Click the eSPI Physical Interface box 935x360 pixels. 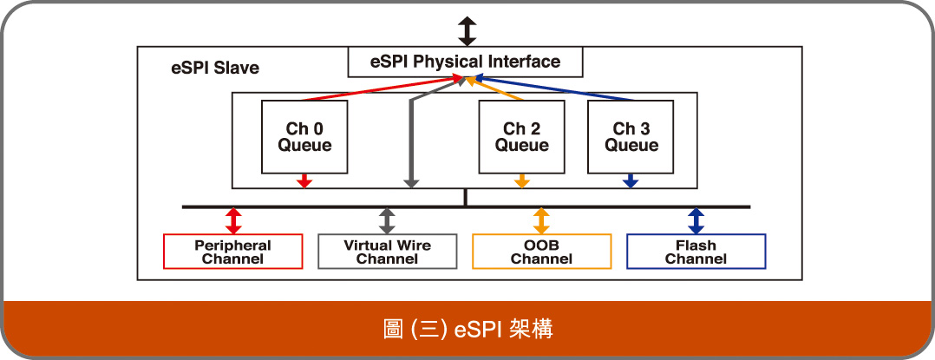(x=465, y=62)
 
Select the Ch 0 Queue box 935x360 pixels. (x=304, y=137)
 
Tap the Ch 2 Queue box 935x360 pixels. (x=522, y=137)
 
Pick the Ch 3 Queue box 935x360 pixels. (x=631, y=137)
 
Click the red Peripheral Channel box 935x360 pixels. (x=232, y=252)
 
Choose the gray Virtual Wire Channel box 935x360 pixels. (x=387, y=252)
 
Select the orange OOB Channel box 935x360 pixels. (x=541, y=252)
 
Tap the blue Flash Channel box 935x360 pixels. (x=696, y=252)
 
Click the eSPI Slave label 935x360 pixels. (x=215, y=68)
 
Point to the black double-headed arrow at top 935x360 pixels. (x=467, y=31)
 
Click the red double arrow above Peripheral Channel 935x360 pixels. (x=233, y=220)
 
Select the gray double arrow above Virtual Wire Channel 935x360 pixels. (x=387, y=220)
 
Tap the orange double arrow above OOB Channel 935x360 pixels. (x=541, y=220)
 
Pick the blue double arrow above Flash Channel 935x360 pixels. (x=696, y=220)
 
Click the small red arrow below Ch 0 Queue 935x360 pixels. (x=304, y=181)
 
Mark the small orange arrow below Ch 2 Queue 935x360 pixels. (x=522, y=181)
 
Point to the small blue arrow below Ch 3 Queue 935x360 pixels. (x=631, y=181)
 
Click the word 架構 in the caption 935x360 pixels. (x=532, y=330)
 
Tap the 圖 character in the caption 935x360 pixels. (x=393, y=330)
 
